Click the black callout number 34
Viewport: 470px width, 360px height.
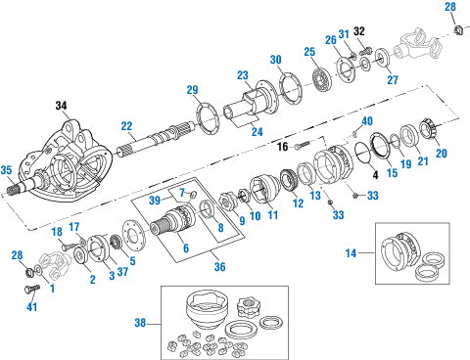[61, 106]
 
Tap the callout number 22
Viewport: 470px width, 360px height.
[126, 126]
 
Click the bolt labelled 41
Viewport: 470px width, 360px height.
[32, 289]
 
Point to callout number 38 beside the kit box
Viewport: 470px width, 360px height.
[140, 323]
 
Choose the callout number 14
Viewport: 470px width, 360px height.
[351, 253]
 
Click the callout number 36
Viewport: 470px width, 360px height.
[219, 266]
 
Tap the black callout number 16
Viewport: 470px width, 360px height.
[283, 147]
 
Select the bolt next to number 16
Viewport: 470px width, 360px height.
[302, 146]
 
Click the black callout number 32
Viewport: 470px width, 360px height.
[359, 31]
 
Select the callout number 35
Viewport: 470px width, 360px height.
[6, 170]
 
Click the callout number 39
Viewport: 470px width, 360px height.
[155, 200]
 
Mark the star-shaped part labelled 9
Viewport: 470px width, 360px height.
[226, 202]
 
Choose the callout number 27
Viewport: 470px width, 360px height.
[393, 79]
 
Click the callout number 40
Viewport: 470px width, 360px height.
[367, 121]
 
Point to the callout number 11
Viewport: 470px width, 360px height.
[273, 215]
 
